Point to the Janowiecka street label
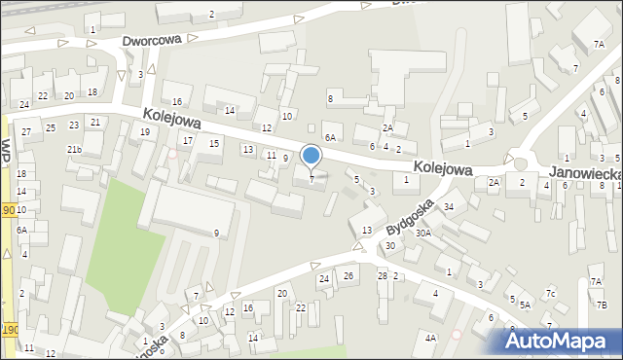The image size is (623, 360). pos(585,171)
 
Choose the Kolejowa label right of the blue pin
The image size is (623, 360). pos(442,167)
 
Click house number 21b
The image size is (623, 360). pos(74,149)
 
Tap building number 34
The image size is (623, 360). pos(449,206)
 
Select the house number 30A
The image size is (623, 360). pos(423,234)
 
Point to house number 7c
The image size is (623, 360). pos(551,293)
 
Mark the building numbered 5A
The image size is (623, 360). pos(525,305)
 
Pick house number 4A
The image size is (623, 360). pos(430,338)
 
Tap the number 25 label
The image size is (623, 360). pos(49,126)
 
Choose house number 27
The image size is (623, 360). pos(26,131)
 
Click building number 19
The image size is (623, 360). pos(145,131)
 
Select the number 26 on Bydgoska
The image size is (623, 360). pos(348,276)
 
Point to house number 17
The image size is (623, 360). pos(188,141)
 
